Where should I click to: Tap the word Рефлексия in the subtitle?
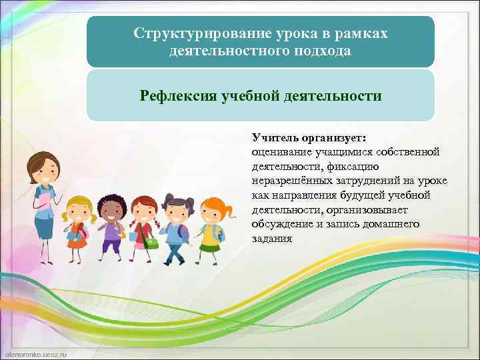click(177, 96)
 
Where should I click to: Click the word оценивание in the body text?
click(281, 153)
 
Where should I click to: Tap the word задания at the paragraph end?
click(271, 238)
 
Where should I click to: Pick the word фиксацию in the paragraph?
click(357, 167)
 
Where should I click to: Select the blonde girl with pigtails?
click(77, 223)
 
